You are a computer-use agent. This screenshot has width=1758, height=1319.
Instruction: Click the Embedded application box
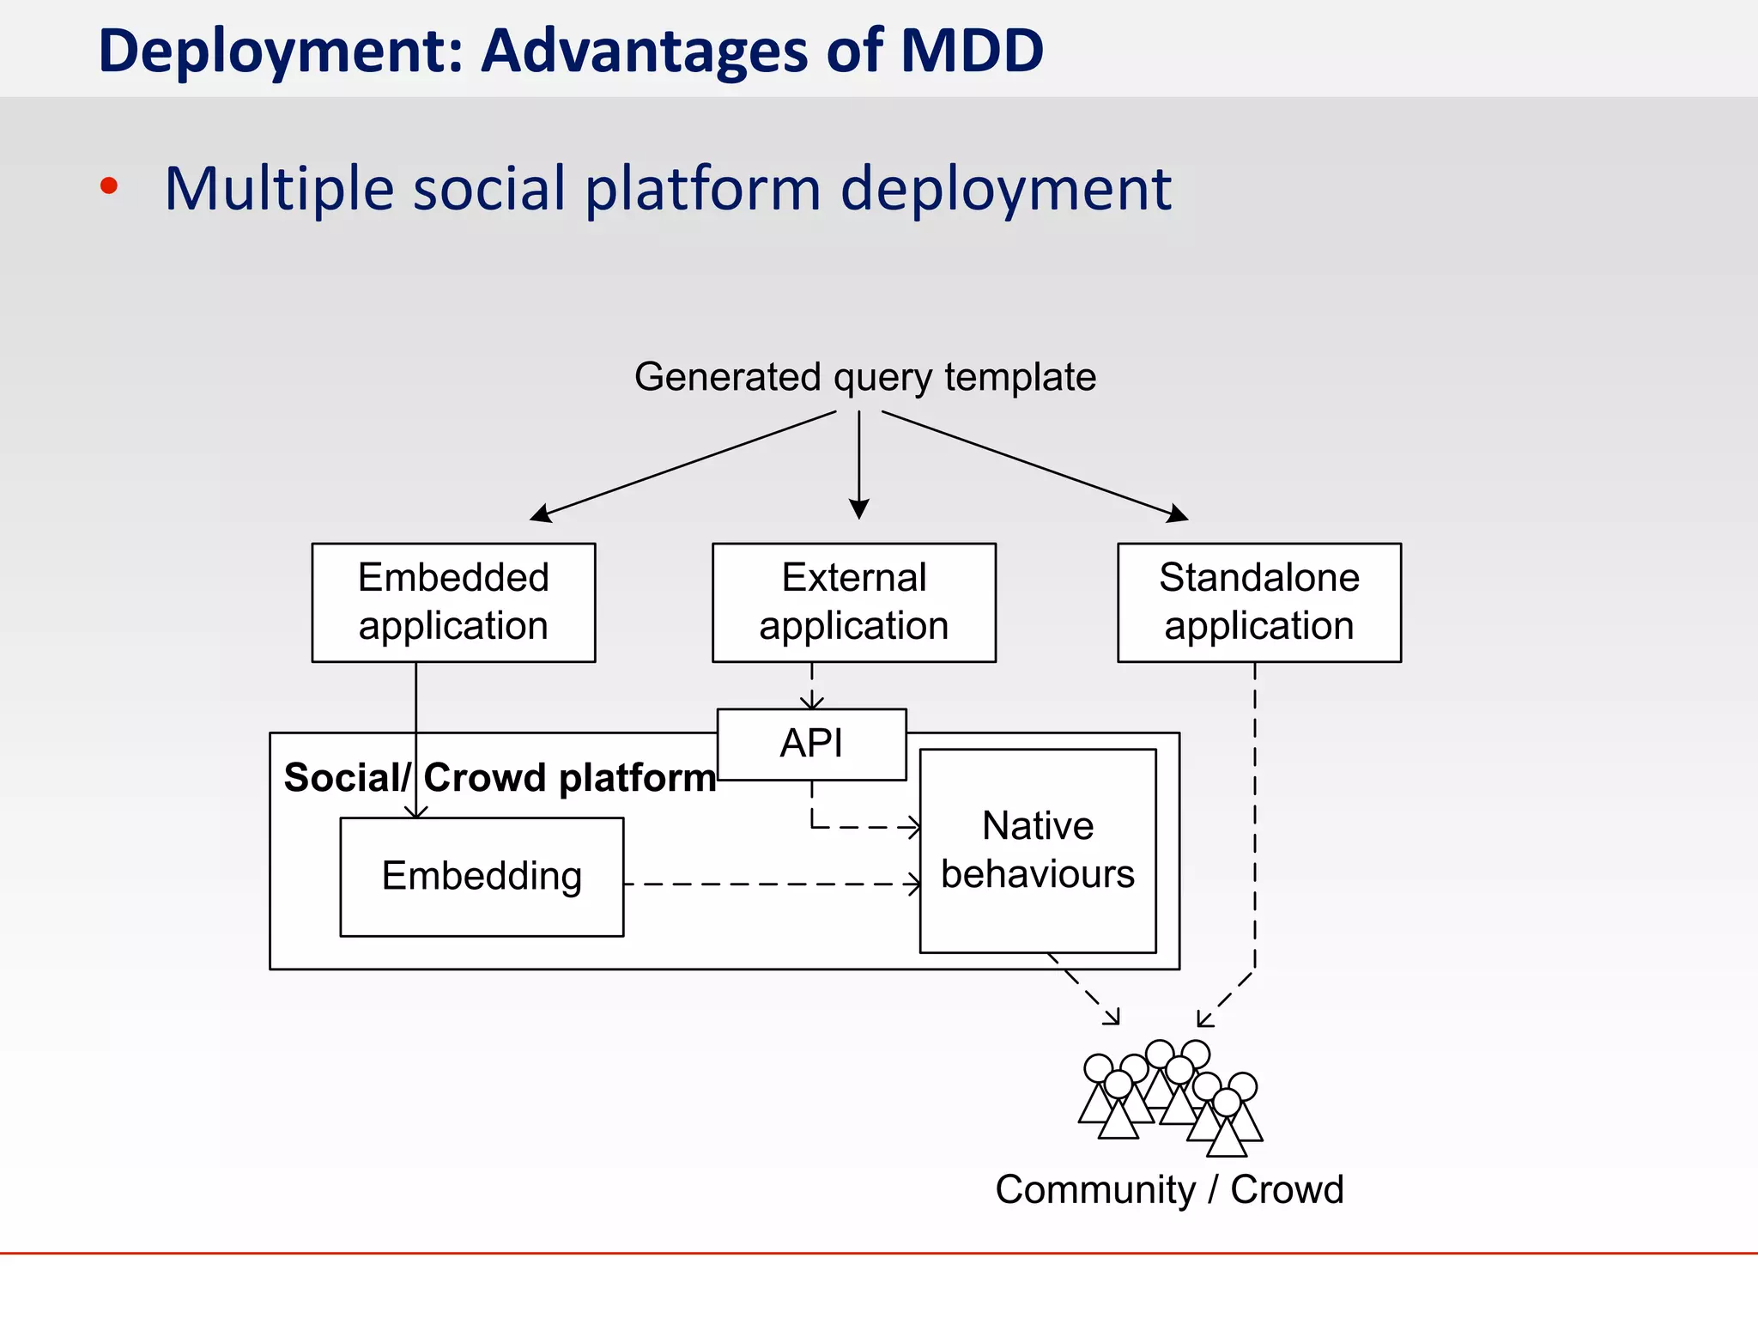point(453,602)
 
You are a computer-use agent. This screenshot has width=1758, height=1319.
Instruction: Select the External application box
point(853,602)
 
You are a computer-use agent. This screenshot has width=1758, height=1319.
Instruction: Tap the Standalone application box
point(1258,602)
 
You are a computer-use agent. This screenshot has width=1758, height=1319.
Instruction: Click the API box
point(811,744)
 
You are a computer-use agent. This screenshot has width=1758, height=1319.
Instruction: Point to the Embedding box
point(482,877)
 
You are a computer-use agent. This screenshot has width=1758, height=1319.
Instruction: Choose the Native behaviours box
point(1037,850)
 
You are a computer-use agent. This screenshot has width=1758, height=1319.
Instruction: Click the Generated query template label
point(864,377)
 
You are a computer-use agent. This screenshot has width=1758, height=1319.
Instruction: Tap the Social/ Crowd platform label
point(500,778)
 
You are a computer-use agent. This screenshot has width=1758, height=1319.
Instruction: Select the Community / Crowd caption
point(1168,1190)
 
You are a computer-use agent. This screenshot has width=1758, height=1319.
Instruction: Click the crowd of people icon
point(1170,1098)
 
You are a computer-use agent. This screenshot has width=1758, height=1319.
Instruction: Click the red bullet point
point(109,186)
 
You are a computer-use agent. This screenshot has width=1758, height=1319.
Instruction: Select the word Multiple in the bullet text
point(280,188)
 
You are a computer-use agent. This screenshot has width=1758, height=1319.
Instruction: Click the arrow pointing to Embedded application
point(682,466)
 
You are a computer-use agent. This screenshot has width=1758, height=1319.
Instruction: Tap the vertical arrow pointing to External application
point(859,464)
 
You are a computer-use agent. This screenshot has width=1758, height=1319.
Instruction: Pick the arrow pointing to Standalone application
point(1034,466)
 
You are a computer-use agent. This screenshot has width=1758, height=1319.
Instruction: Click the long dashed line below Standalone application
point(1255,816)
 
